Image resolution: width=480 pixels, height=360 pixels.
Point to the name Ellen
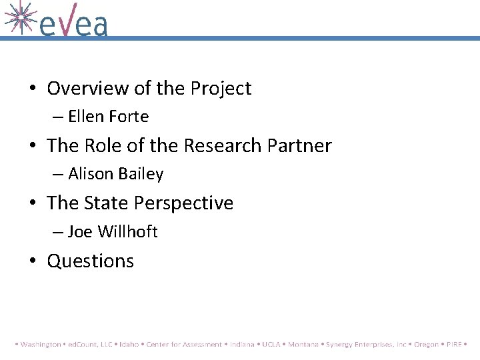(x=86, y=117)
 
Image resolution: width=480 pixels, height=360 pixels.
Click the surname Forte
(x=129, y=117)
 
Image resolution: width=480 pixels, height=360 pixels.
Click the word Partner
(x=297, y=145)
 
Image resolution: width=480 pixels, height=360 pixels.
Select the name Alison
(x=91, y=174)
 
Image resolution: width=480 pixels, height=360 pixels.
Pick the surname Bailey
(x=141, y=174)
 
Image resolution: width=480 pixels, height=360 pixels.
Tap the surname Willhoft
(x=127, y=232)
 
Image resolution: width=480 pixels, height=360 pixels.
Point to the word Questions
(x=90, y=261)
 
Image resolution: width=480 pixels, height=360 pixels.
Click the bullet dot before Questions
(x=33, y=261)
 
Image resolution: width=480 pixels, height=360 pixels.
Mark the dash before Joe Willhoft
(x=58, y=232)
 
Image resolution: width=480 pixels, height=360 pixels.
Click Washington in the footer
(x=41, y=345)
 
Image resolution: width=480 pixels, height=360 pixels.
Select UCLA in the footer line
(x=271, y=345)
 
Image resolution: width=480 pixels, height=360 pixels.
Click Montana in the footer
(x=303, y=345)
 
